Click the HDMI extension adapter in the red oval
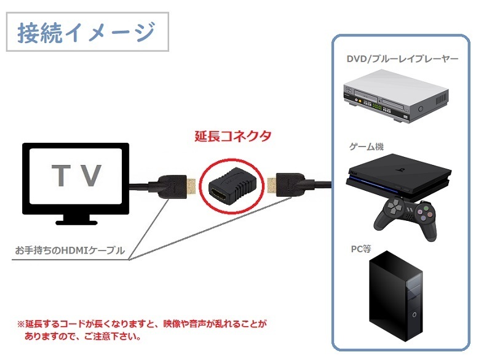[x=229, y=184]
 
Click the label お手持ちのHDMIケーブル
[x=70, y=250]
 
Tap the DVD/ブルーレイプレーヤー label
[x=402, y=60]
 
